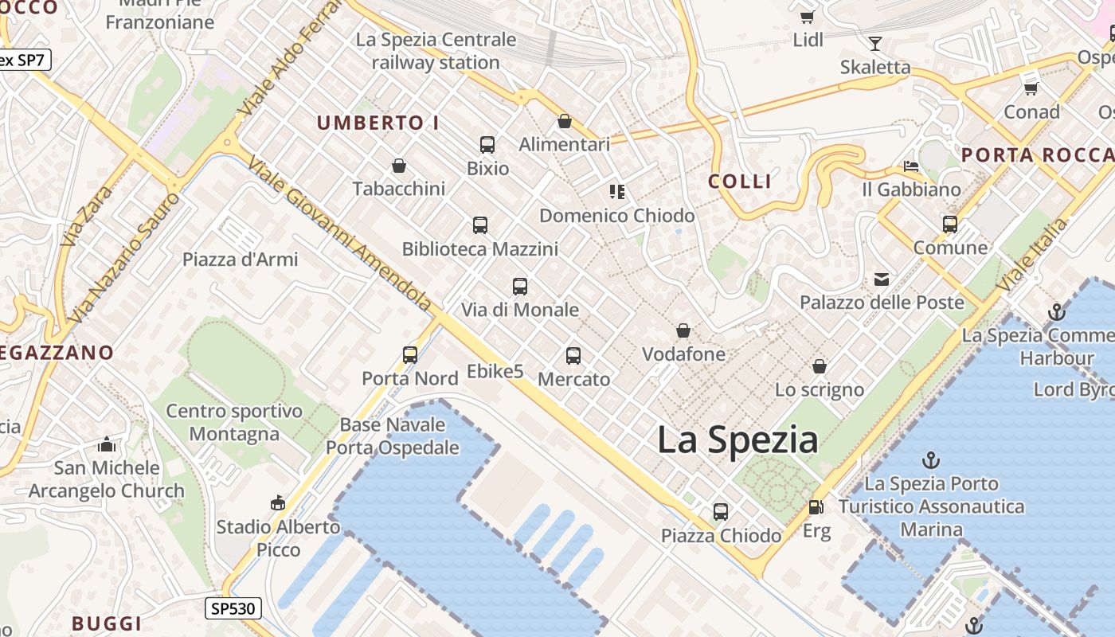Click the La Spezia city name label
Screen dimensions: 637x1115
pos(737,440)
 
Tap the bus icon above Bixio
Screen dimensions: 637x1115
pos(487,145)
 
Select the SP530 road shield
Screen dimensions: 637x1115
pos(233,609)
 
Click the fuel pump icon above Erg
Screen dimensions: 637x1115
pos(816,507)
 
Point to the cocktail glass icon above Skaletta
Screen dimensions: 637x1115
pos(875,43)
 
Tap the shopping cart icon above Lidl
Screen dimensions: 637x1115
pos(807,17)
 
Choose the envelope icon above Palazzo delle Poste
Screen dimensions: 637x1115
pos(882,279)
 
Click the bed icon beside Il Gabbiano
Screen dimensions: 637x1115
pos(911,166)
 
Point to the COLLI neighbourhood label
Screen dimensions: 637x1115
pos(740,182)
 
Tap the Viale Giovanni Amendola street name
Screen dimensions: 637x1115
pos(340,233)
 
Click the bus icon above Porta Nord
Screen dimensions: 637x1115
pos(410,355)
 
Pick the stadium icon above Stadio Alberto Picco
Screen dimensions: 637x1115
pos(278,502)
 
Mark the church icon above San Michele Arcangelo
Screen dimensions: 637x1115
pos(107,444)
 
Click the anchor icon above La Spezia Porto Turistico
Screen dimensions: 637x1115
pos(930,459)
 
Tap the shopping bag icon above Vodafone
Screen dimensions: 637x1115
pos(683,330)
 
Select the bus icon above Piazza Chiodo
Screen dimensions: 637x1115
pos(721,512)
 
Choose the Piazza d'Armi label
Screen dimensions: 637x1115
pos(241,260)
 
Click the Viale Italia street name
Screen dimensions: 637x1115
pos(1032,255)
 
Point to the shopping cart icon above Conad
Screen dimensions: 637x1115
pos(1031,88)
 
